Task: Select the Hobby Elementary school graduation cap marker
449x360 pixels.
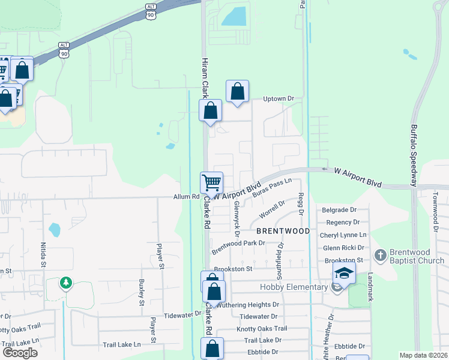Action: [x=344, y=273]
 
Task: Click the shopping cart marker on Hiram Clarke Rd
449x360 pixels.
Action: [x=211, y=182]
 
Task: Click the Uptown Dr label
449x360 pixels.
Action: [x=279, y=99]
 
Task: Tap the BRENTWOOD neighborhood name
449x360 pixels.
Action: [x=283, y=231]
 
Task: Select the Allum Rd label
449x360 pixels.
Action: [x=185, y=196]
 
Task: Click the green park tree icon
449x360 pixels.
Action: [x=65, y=283]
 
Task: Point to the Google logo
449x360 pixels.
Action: [x=20, y=353]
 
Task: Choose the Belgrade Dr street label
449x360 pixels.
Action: [x=339, y=210]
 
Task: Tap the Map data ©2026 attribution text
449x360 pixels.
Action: [x=423, y=355]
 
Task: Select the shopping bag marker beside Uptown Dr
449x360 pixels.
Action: [x=238, y=91]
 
